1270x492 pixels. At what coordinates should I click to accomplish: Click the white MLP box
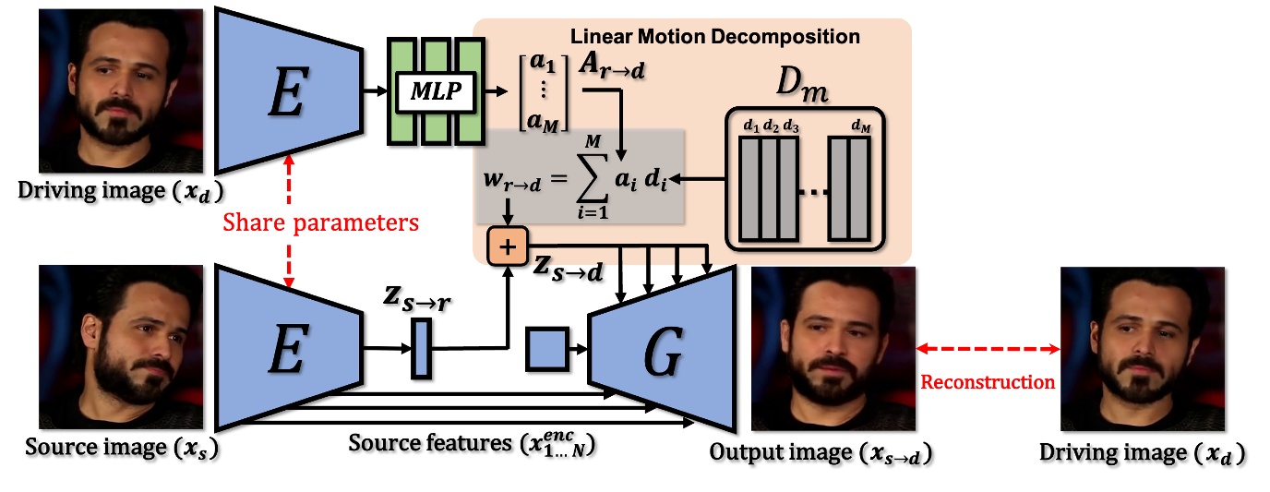[436, 92]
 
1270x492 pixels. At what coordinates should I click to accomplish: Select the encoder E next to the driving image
[287, 91]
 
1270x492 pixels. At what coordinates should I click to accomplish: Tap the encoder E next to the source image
[287, 348]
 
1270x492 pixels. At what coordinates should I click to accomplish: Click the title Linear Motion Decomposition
[715, 37]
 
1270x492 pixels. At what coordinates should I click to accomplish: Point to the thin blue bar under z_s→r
[420, 349]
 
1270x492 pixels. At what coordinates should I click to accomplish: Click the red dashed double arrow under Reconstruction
[987, 349]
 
